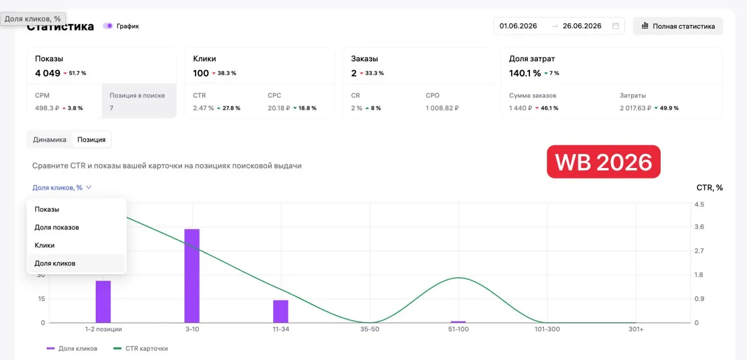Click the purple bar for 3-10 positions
click(x=192, y=275)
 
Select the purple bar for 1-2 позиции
click(x=103, y=302)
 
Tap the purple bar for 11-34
click(x=281, y=312)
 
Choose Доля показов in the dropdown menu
click(x=57, y=228)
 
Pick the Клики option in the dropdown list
click(x=44, y=245)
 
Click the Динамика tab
click(x=50, y=139)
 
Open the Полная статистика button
click(x=678, y=26)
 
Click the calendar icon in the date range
click(x=616, y=26)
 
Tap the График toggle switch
click(x=108, y=26)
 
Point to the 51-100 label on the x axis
click(x=458, y=329)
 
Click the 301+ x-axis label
click(x=636, y=329)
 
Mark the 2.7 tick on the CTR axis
click(x=699, y=251)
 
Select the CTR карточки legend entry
click(x=141, y=348)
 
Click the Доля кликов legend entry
click(x=72, y=348)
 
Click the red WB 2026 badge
click(x=603, y=162)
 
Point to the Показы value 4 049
click(x=48, y=73)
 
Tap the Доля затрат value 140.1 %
click(x=525, y=73)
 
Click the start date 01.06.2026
click(x=518, y=26)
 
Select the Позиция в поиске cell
click(x=139, y=101)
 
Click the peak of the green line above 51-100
click(x=459, y=278)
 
